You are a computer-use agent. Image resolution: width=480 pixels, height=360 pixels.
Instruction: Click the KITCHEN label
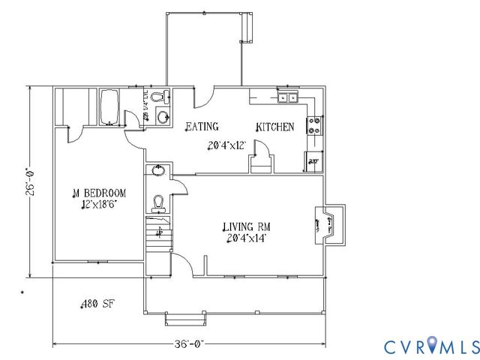click(x=275, y=127)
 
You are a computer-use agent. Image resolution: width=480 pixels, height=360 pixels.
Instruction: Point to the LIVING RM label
click(x=245, y=227)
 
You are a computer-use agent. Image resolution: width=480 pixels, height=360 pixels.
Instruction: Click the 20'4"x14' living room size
click(x=247, y=239)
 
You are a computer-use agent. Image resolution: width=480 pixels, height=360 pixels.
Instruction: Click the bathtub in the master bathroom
click(x=109, y=106)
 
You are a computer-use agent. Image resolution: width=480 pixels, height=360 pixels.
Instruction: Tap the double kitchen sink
click(x=288, y=97)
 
